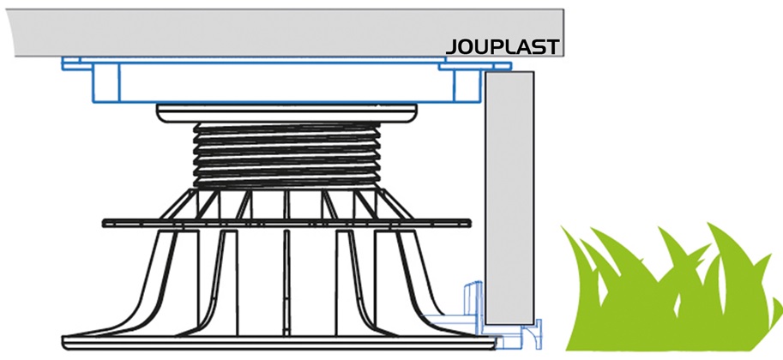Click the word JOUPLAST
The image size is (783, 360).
click(502, 47)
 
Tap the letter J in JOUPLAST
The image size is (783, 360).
click(451, 47)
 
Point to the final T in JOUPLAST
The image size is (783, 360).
click(551, 47)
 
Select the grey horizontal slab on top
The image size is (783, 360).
click(286, 32)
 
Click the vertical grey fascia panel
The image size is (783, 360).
click(509, 198)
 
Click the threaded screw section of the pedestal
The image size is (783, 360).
click(286, 155)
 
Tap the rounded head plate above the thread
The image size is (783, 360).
click(286, 113)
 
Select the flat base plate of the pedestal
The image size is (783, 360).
click(280, 343)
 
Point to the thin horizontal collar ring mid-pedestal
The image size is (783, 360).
click(286, 223)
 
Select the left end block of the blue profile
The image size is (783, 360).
click(105, 83)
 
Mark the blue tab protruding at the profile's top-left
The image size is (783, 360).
click(70, 63)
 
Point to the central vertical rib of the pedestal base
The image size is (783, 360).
click(286, 282)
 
